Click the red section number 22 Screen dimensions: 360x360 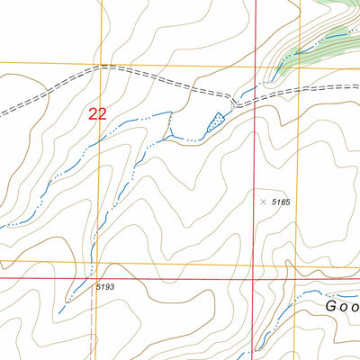click(x=97, y=113)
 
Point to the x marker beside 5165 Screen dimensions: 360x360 click(x=263, y=202)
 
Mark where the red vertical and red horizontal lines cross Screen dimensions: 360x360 click(x=254, y=279)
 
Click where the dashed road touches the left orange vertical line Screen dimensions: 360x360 click(x=100, y=67)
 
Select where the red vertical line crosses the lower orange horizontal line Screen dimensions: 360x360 click(x=254, y=265)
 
